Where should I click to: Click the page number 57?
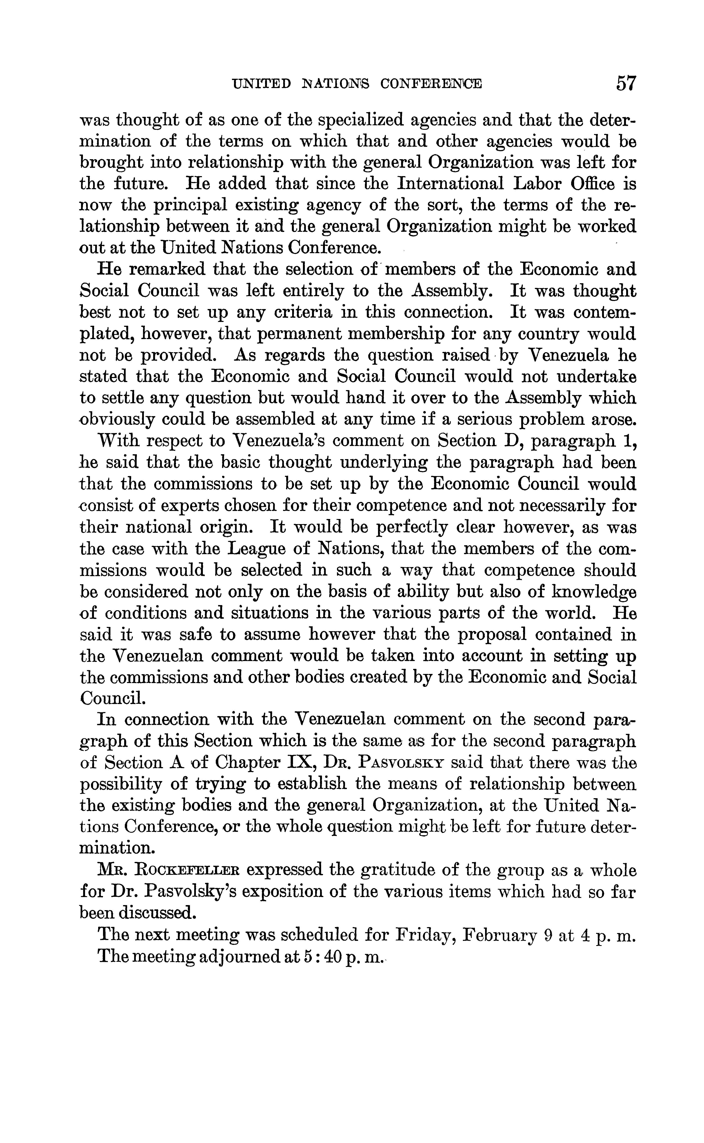(x=625, y=83)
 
